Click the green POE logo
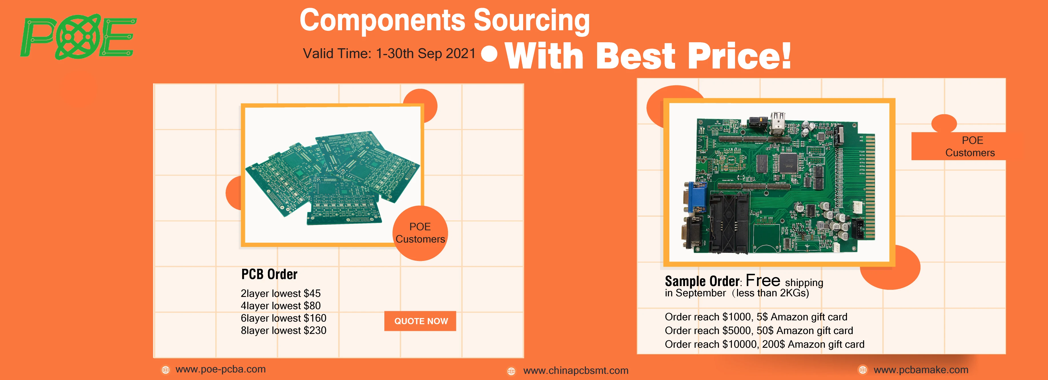78,37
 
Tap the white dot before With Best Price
489,54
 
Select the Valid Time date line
389,54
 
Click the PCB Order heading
269,274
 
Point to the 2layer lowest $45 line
280,293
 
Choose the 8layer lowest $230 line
283,330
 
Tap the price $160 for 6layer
315,318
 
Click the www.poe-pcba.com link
220,369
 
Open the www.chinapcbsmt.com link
575,371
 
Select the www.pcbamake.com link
921,370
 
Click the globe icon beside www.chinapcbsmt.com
511,371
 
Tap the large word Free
763,281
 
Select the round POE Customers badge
420,233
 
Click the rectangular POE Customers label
970,146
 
